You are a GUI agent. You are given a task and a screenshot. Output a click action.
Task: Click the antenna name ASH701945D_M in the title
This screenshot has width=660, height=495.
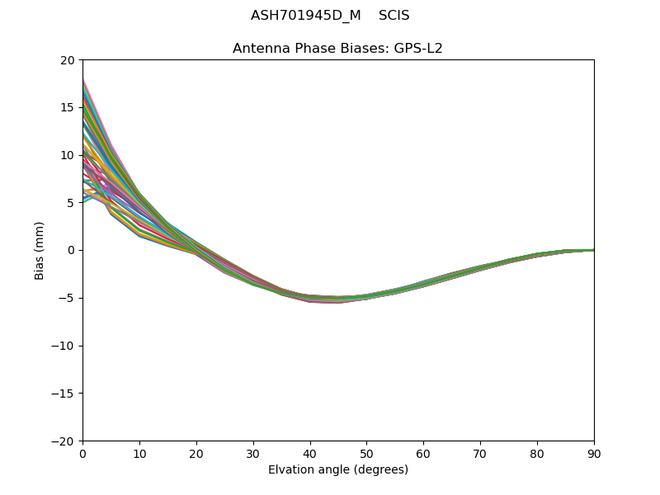pos(305,16)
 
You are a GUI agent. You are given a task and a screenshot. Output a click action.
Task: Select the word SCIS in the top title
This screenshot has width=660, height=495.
pos(394,16)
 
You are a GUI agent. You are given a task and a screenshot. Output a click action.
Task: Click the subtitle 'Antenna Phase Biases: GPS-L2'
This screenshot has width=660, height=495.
pos(337,48)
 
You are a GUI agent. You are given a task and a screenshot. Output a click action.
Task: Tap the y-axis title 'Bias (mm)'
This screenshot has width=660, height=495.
pos(40,250)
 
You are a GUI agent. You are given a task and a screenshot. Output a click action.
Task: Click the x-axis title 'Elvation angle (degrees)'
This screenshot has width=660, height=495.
pos(337,469)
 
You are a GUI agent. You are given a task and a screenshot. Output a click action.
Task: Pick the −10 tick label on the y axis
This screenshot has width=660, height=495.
pos(63,346)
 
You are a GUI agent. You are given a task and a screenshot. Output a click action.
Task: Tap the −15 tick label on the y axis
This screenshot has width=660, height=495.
pos(63,394)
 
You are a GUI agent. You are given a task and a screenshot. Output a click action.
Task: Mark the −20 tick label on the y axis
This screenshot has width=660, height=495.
pos(63,441)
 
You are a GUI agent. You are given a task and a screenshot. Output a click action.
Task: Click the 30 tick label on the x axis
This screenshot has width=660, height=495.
pos(253,453)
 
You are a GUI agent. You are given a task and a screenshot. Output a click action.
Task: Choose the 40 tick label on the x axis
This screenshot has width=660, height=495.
pos(310,453)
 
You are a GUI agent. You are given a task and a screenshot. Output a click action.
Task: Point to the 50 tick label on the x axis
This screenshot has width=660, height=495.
pos(366,453)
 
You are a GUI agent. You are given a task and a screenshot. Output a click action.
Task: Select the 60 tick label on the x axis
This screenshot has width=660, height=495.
pos(423,453)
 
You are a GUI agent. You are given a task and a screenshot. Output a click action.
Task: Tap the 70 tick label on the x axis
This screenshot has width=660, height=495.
pos(480,453)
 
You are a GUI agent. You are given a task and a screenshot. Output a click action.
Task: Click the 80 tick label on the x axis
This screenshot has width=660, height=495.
pos(537,453)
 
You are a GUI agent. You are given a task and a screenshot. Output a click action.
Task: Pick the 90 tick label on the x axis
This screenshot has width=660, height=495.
pos(593,453)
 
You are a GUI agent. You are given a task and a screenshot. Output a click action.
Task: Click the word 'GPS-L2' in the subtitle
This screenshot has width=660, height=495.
pos(420,48)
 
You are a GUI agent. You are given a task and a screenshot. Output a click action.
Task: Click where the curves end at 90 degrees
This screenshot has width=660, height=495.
pos(593,250)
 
